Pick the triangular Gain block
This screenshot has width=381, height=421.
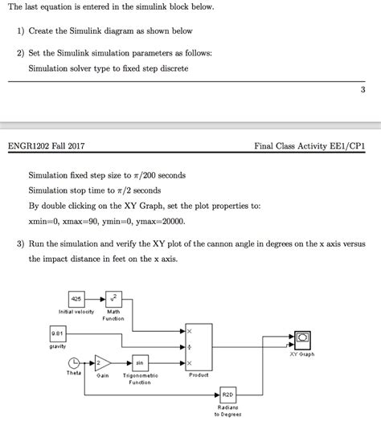click(103, 362)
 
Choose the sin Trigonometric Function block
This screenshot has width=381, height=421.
click(140, 362)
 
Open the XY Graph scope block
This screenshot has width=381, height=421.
click(304, 337)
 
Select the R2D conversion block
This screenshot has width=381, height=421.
click(227, 394)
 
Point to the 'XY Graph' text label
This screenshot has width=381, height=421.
click(302, 354)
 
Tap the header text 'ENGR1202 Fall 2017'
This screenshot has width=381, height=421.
click(46, 146)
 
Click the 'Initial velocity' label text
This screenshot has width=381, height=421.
click(77, 312)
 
